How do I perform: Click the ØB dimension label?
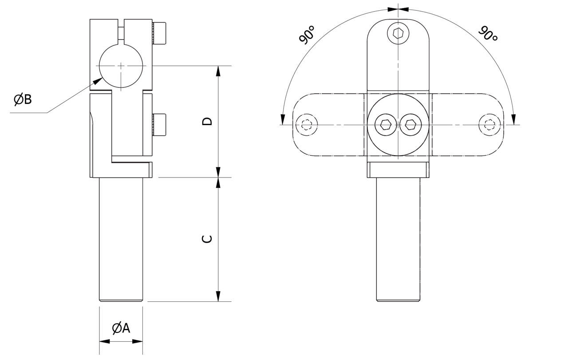[x=23, y=100]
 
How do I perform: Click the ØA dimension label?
[x=121, y=328]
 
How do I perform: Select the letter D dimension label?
[x=207, y=121]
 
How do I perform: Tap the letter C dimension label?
[x=207, y=239]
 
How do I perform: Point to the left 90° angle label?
[x=307, y=35]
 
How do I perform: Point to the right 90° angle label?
[x=488, y=34]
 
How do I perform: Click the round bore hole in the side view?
[x=121, y=66]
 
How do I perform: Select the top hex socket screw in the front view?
[x=398, y=33]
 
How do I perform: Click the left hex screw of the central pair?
[x=385, y=125]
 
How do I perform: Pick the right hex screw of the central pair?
[x=411, y=125]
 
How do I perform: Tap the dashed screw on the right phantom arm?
[x=489, y=125]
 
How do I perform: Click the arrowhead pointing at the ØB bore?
[x=97, y=81]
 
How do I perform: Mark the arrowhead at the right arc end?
[x=514, y=119]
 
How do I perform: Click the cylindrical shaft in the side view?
[x=121, y=240]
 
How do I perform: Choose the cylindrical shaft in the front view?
[x=398, y=240]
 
